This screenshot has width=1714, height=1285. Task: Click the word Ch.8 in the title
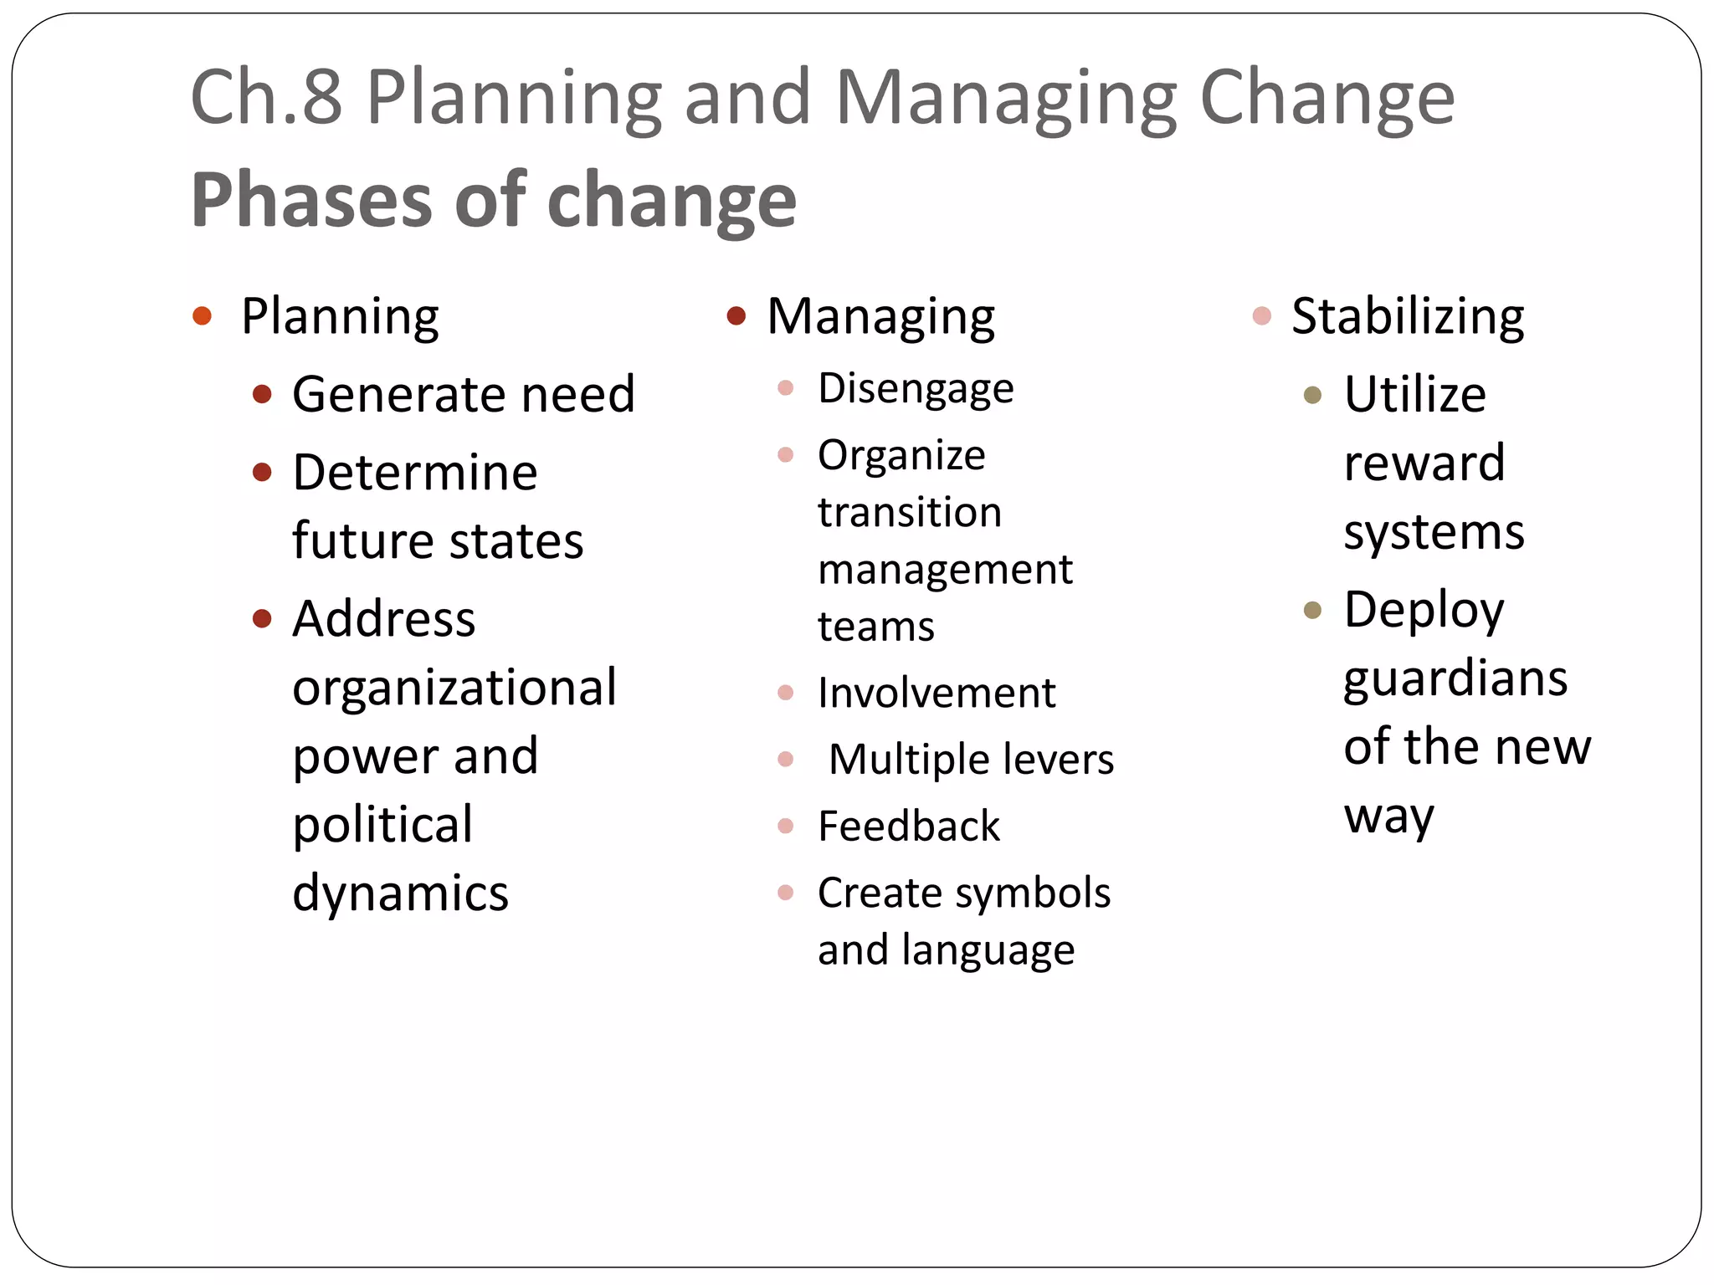pyautogui.click(x=266, y=98)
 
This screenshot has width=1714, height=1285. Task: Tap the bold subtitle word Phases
pyautogui.click(x=310, y=200)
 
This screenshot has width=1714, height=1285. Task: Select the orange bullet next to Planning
pyautogui.click(x=202, y=316)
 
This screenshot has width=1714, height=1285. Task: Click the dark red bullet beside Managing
pyautogui.click(x=736, y=316)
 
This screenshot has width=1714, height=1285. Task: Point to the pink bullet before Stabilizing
pyautogui.click(x=1262, y=316)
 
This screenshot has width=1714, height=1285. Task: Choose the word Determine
pyautogui.click(x=414, y=473)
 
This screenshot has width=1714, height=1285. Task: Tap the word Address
pyautogui.click(x=383, y=619)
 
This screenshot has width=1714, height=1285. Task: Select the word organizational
pyautogui.click(x=454, y=689)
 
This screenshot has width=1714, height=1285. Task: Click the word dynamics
pyautogui.click(x=400, y=893)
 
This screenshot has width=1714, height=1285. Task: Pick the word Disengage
pyautogui.click(x=916, y=389)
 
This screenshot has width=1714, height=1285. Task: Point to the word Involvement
pyautogui.click(x=937, y=693)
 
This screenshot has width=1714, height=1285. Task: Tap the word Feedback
pyautogui.click(x=909, y=827)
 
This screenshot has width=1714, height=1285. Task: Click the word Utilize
pyautogui.click(x=1414, y=394)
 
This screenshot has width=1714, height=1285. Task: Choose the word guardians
pyautogui.click(x=1455, y=678)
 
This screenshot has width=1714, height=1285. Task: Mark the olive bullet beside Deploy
pyautogui.click(x=1312, y=610)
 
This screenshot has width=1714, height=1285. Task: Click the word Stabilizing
pyautogui.click(x=1408, y=316)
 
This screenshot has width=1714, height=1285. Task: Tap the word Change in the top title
pyautogui.click(x=1327, y=98)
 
